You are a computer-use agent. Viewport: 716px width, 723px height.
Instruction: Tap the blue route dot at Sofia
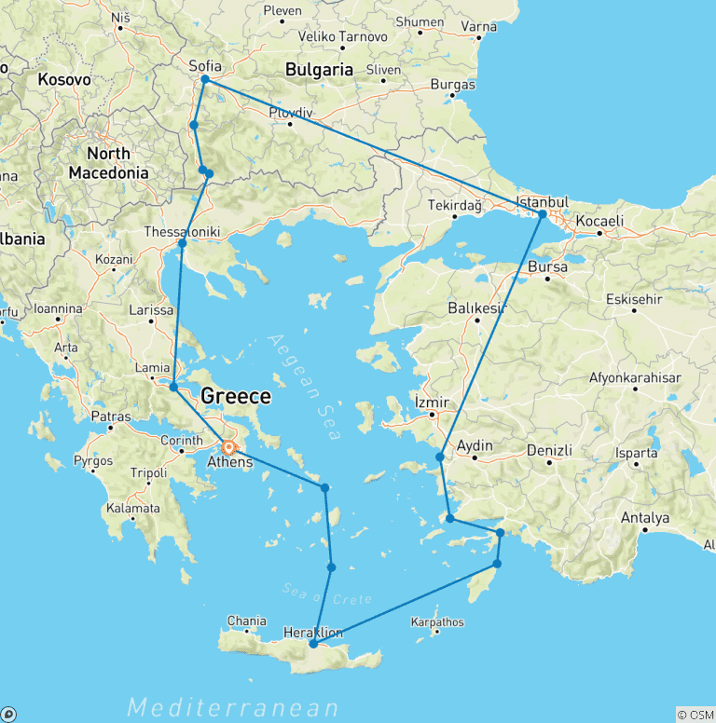coord(204,80)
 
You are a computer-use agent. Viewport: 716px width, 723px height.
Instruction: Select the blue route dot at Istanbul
coord(542,214)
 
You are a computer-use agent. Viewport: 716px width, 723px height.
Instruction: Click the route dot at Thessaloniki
coord(183,243)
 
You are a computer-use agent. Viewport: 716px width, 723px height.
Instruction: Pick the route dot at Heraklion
coord(313,644)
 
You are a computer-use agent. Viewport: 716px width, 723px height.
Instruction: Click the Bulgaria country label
coord(320,69)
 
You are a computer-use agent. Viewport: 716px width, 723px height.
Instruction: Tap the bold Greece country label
coord(237,397)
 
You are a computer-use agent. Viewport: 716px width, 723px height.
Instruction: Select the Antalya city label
coord(645,518)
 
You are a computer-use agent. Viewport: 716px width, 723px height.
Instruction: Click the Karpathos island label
coord(436,622)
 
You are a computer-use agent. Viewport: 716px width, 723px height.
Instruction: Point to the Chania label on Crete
coord(247,621)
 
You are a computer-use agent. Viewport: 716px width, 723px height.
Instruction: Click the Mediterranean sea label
coord(232,707)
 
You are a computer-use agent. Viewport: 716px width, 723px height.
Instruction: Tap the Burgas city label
coord(453,86)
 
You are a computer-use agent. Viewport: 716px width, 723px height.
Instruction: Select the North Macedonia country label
coord(108,163)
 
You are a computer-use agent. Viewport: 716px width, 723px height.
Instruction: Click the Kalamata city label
coord(132,509)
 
